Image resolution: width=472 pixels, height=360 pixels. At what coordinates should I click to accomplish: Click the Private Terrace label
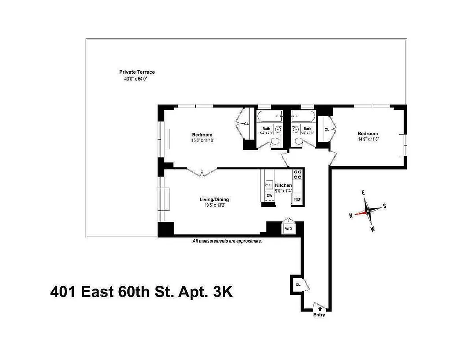(137, 72)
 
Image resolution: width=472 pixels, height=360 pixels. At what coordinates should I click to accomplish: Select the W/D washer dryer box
(288, 229)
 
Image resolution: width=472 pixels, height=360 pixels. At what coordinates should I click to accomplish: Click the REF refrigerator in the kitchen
(297, 199)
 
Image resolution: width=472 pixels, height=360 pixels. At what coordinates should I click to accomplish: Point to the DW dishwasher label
(269, 196)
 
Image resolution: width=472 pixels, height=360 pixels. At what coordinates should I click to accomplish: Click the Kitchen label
(283, 185)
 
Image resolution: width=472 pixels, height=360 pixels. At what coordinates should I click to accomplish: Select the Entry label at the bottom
(319, 315)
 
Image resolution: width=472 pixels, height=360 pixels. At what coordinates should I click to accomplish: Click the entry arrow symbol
(319, 308)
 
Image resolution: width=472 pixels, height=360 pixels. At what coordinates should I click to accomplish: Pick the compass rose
(367, 210)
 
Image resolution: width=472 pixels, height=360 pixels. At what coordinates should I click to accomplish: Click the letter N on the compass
(351, 215)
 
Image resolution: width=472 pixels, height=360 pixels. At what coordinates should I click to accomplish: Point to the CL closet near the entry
(298, 285)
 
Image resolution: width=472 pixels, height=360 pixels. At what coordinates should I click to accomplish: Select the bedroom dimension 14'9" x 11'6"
(368, 139)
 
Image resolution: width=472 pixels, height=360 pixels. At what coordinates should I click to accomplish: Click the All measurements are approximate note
(227, 241)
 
